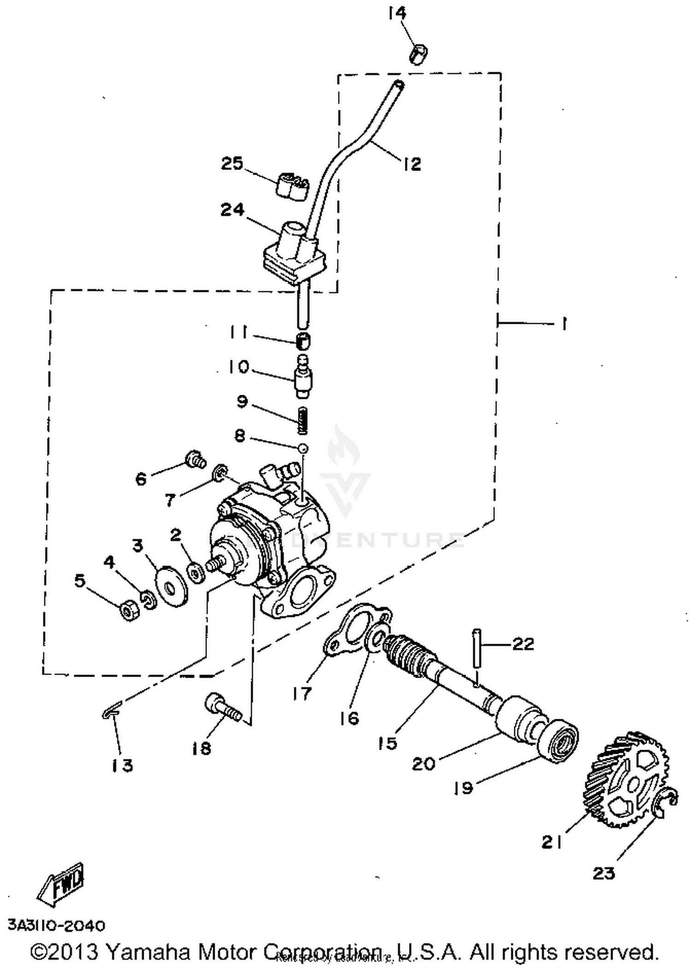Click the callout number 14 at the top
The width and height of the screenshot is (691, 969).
pos(397,13)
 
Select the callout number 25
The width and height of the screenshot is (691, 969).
pos(232,163)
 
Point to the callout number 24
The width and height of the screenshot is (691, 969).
pos(232,210)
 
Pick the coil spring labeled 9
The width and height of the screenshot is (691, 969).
pos(302,420)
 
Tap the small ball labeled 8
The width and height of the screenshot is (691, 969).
pos(303,448)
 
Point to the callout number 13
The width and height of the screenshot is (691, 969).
pos(122,765)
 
